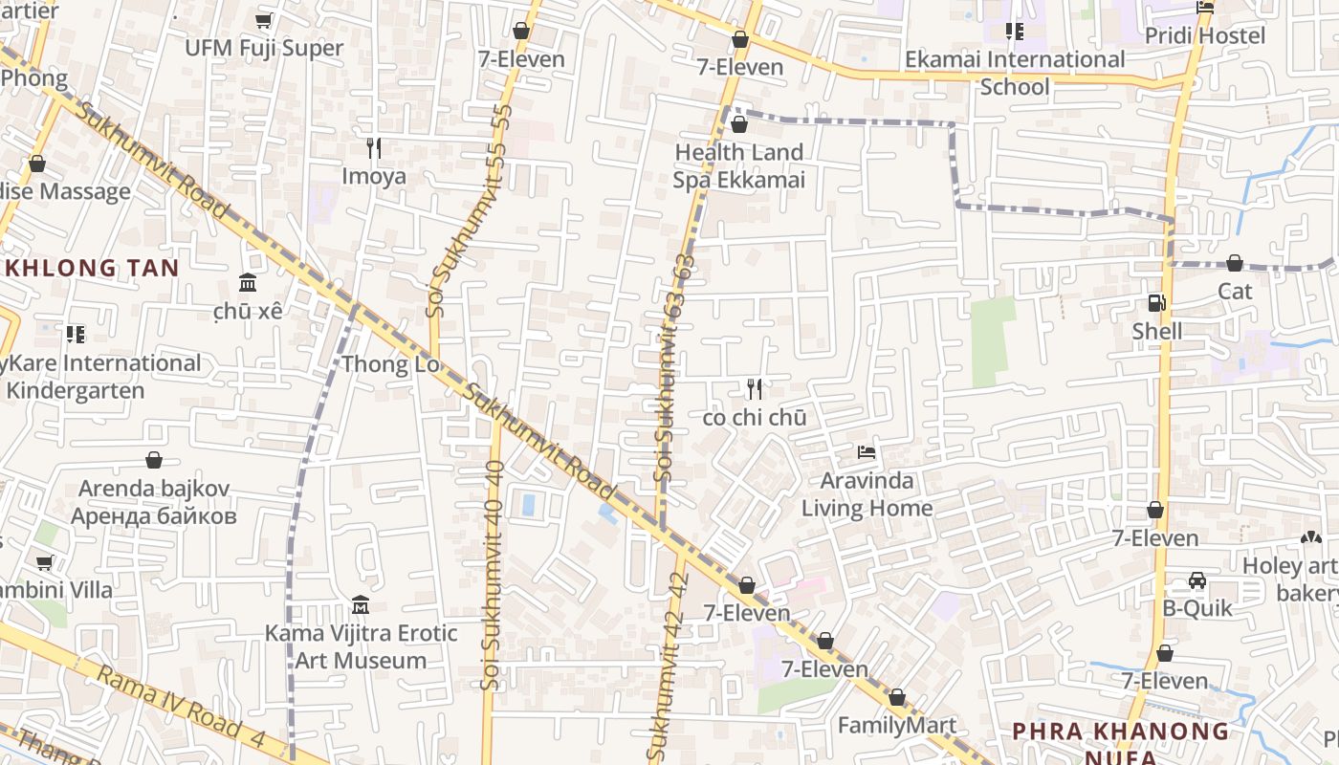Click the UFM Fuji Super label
264,48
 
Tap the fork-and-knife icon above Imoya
374,147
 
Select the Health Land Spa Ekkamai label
739,165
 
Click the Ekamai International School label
1015,73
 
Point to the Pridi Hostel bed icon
1205,8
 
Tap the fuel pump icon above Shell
1156,303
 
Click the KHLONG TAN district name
91,268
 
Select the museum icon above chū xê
248,282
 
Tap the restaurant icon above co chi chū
755,388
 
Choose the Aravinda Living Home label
867,494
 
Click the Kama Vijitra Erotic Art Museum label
361,646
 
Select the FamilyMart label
896,725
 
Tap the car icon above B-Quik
1196,579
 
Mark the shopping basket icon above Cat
1235,263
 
